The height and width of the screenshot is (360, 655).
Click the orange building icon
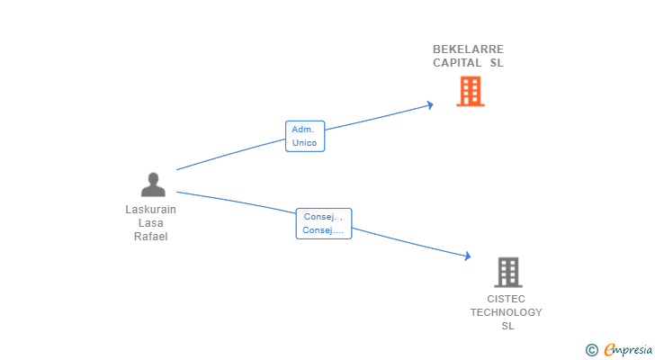point(470,91)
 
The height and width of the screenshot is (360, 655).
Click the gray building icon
point(507,272)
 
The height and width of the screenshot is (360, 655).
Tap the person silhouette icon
point(153,184)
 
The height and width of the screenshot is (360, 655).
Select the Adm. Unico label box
point(304,136)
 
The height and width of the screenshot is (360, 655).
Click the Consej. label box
point(323,223)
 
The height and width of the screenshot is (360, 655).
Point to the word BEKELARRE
point(468,49)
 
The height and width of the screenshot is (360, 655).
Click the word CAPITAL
point(457,63)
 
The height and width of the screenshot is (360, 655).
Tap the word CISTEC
point(506,299)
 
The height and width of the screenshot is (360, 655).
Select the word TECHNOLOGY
point(506,312)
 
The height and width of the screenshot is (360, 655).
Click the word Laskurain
point(150,210)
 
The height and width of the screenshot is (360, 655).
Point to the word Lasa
point(150,223)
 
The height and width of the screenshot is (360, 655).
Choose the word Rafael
point(150,237)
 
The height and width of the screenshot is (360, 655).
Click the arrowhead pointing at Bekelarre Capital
point(430,104)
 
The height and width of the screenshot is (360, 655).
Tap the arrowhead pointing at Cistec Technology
point(467,256)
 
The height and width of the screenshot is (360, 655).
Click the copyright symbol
point(591,350)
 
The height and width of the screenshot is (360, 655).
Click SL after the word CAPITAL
point(497,63)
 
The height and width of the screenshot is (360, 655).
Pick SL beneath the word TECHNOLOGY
point(507,326)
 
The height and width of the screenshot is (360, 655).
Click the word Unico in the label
point(304,143)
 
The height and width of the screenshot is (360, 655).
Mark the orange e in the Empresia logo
point(609,350)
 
